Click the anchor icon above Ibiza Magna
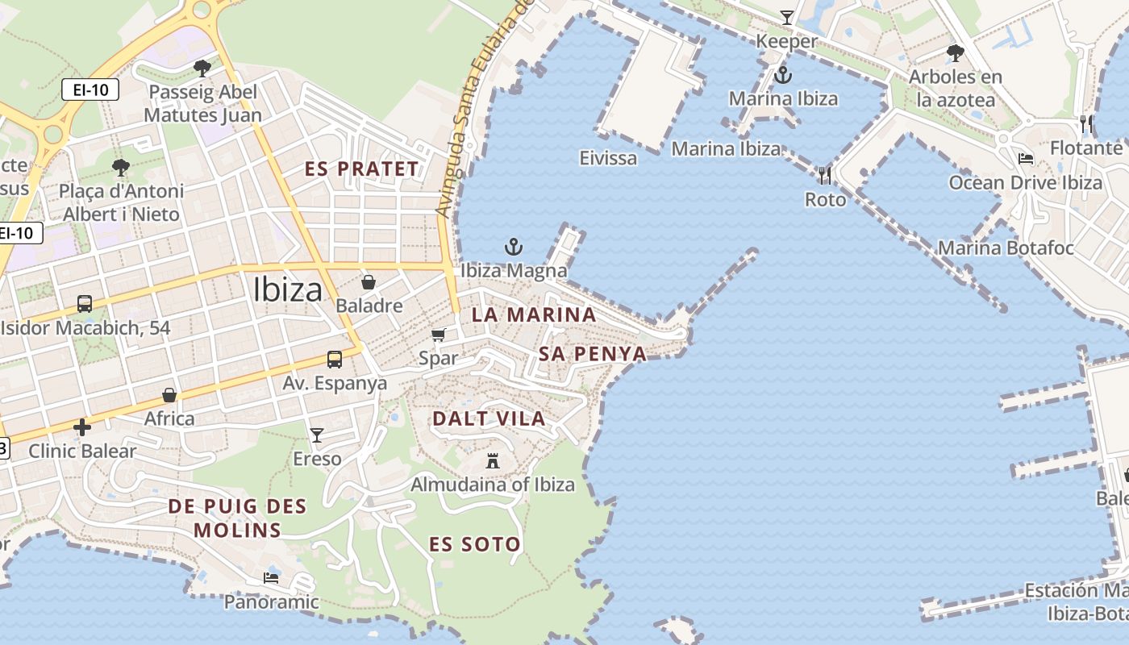[x=514, y=247]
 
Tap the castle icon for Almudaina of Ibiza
[x=493, y=461]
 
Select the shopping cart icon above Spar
[x=439, y=335]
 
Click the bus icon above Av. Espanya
[x=335, y=360]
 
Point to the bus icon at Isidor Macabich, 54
[x=85, y=304]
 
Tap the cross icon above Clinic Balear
[x=82, y=427]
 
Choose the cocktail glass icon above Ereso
[x=317, y=435]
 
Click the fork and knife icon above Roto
[x=824, y=175]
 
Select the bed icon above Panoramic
[x=271, y=578]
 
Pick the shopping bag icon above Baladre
[x=369, y=282]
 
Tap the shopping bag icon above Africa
[x=169, y=395]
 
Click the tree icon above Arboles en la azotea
[x=956, y=54]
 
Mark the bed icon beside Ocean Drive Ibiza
[x=1026, y=159]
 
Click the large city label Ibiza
[x=288, y=290]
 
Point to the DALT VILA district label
[x=489, y=418]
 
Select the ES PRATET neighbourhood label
[x=362, y=169]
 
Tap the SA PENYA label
[x=593, y=354]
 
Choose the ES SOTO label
[x=475, y=544]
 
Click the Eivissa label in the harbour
[x=608, y=158]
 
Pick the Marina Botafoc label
[x=1006, y=248]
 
